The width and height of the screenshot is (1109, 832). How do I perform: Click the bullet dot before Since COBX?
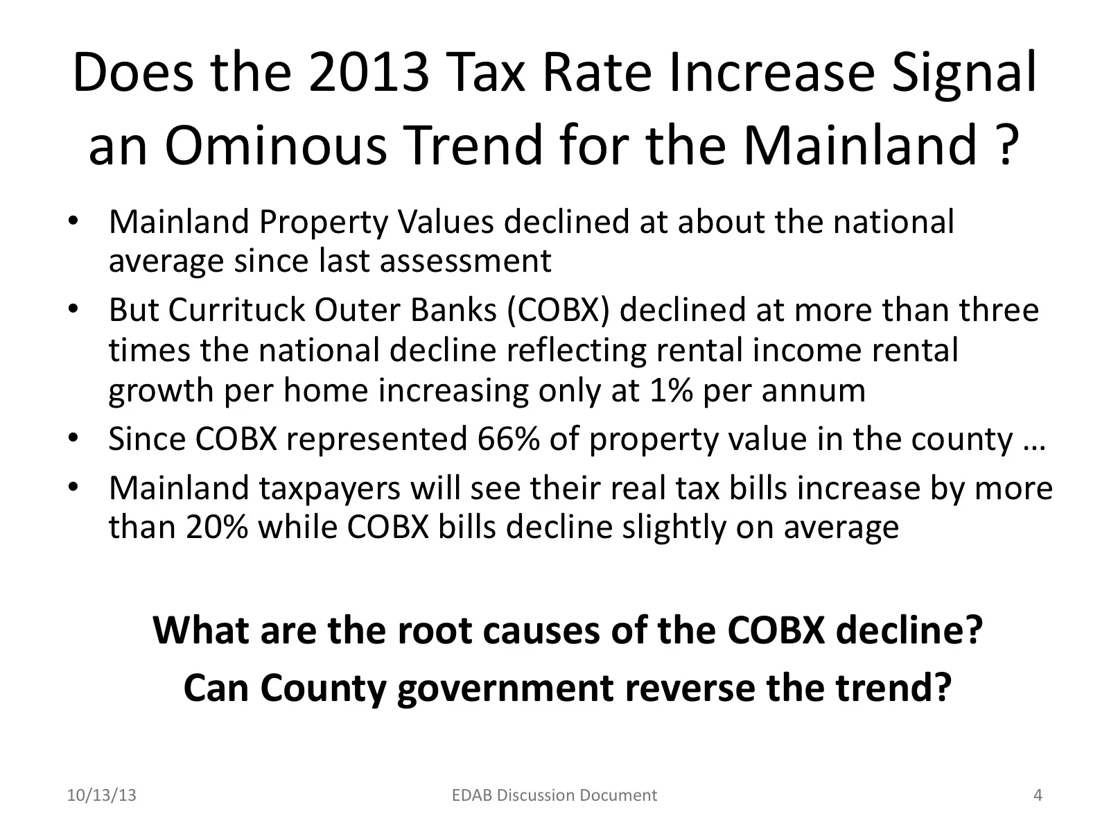click(x=73, y=439)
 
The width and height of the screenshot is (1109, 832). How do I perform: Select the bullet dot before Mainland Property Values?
click(x=73, y=223)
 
